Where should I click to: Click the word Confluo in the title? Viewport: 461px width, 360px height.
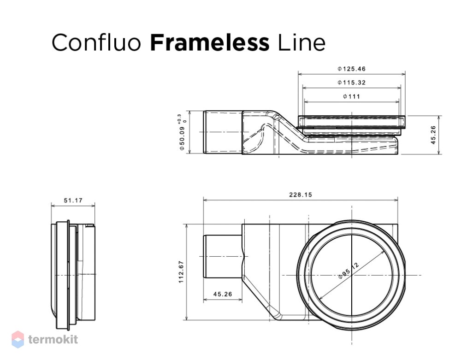96,42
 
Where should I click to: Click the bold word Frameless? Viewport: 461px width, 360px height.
210,42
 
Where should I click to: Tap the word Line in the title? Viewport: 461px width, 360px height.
301,42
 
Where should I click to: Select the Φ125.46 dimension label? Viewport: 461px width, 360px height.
351,69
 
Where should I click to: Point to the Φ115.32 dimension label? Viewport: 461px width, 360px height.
351,83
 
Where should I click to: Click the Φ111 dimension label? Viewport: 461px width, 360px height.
351,96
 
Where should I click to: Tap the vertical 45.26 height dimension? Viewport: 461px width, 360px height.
433,135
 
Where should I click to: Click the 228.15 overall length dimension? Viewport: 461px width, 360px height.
300,195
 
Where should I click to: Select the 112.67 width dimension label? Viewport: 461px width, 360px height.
181,272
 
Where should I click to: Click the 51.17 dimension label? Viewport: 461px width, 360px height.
73,201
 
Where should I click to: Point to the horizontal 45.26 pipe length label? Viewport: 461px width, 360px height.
223,294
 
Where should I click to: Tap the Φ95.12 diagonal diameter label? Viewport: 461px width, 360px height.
349,271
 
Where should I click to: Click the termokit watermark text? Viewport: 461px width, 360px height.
53,339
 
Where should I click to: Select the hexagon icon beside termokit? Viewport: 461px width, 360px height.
18,339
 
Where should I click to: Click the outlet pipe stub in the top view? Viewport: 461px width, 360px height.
223,256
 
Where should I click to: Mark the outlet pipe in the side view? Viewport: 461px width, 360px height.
223,132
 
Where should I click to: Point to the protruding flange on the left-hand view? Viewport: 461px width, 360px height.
68,275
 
